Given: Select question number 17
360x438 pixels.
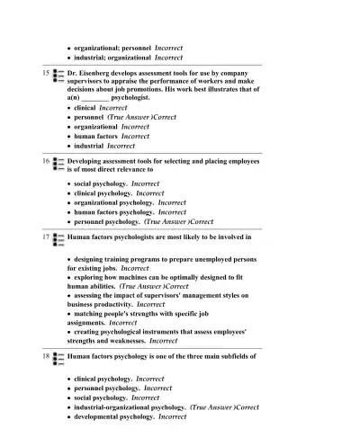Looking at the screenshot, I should [45, 238].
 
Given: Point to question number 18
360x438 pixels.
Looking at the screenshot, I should [45, 357].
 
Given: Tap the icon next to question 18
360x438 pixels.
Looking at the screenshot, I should [59, 360].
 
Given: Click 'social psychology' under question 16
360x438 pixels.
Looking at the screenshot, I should [100, 183].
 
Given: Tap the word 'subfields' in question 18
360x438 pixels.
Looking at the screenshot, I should [236, 357].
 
